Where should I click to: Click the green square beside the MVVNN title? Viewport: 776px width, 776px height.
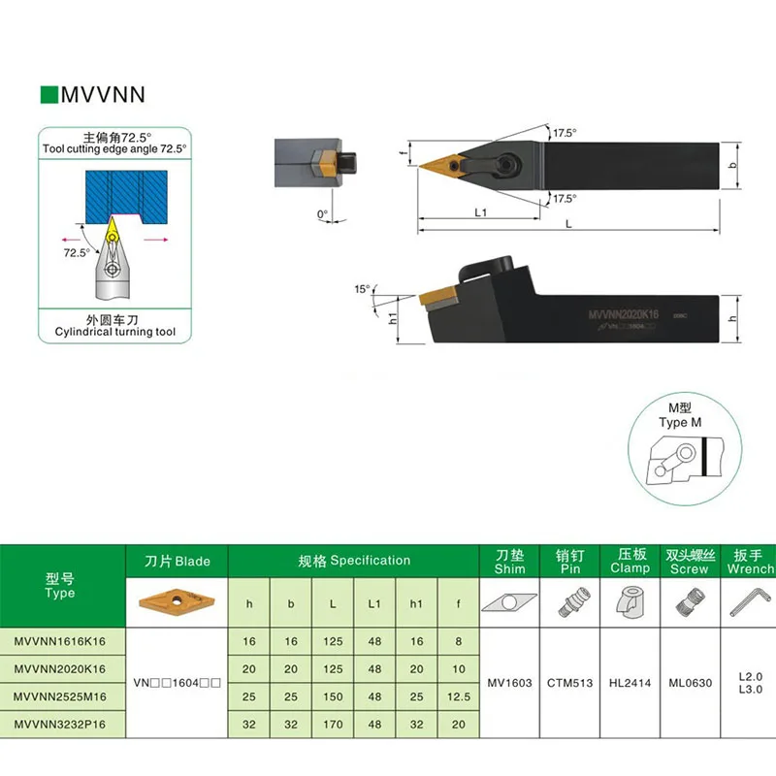(48, 95)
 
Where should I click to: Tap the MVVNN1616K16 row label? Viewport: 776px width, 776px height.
(60, 641)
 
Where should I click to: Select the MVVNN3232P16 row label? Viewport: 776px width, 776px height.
(60, 723)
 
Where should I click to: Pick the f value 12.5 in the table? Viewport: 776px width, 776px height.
(457, 695)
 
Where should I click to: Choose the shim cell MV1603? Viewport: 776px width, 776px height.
(511, 682)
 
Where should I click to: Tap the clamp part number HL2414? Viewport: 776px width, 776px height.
(630, 682)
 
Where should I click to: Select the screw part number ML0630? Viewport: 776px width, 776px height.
(690, 682)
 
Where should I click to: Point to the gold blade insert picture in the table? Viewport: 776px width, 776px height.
(177, 598)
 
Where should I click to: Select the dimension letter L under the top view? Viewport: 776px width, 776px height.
(568, 224)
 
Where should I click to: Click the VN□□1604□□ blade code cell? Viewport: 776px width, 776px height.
(177, 683)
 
